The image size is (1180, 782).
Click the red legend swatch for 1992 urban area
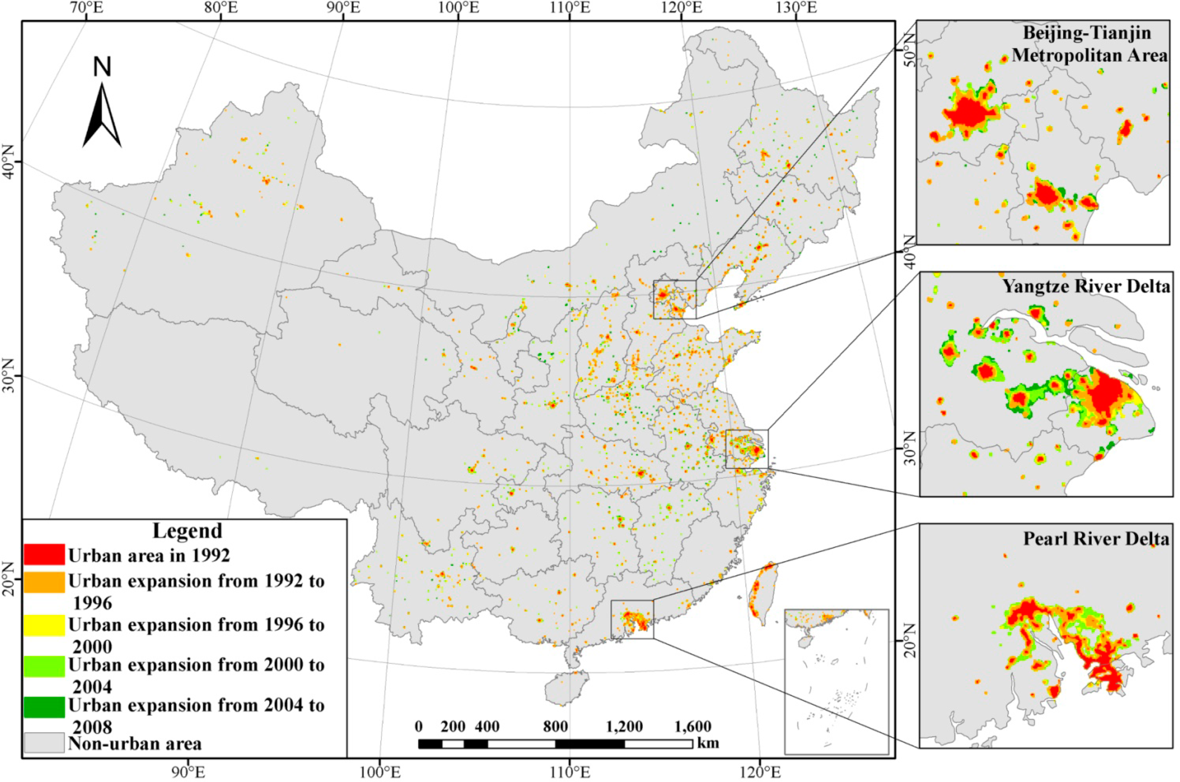click(44, 554)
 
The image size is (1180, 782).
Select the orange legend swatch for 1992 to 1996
click(44, 582)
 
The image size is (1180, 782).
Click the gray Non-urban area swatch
click(44, 742)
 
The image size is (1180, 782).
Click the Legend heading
click(187, 531)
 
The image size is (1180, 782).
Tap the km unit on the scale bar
click(708, 743)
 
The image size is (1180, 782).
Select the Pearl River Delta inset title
click(1096, 539)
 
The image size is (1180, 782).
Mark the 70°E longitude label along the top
click(86, 8)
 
